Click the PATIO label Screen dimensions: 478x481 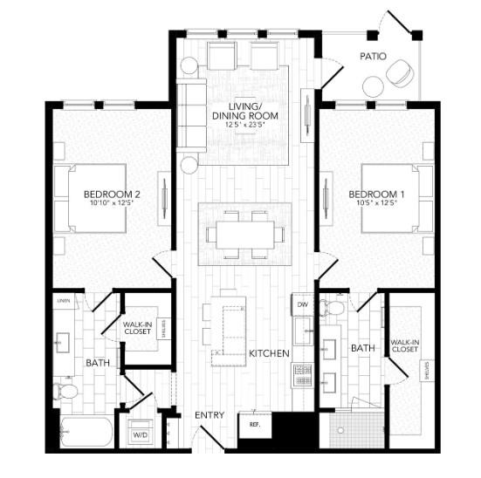[x=374, y=57]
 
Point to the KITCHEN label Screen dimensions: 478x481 [x=269, y=353]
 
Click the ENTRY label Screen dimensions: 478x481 [x=210, y=415]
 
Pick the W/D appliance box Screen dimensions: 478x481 [x=141, y=433]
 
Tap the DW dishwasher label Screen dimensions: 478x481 [x=303, y=305]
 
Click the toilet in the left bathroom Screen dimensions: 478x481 [x=65, y=390]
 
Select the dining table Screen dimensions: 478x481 [x=245, y=234]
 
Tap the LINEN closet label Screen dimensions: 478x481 [x=64, y=301]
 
